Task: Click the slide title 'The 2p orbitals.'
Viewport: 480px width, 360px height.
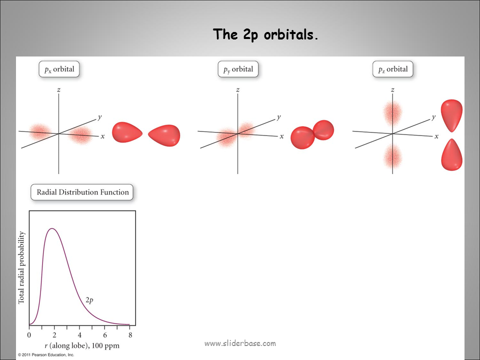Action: pos(265,34)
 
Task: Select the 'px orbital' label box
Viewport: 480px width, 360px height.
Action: pos(59,69)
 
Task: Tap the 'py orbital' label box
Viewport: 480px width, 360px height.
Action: pos(238,69)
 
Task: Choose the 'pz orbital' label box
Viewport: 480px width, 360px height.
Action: pos(393,69)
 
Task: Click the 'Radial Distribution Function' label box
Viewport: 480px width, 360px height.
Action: pos(82,192)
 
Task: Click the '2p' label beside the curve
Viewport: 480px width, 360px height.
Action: pos(89,300)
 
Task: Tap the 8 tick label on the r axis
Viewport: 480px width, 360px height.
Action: pos(130,335)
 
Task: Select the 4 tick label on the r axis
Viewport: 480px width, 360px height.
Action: pos(80,335)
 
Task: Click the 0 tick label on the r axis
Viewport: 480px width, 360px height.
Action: pos(29,335)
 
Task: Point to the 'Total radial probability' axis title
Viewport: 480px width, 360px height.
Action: pos(21,268)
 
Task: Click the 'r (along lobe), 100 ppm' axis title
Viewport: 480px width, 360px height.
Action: pos(79,345)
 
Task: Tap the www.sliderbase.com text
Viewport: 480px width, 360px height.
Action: pos(240,343)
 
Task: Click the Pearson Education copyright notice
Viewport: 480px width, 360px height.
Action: pos(46,355)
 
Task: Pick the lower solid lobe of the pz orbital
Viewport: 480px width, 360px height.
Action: pos(451,155)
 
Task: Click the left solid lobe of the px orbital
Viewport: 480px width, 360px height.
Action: pos(126,132)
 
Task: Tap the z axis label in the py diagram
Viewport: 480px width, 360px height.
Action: pos(237,90)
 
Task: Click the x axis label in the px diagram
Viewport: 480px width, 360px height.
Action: pos(102,136)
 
